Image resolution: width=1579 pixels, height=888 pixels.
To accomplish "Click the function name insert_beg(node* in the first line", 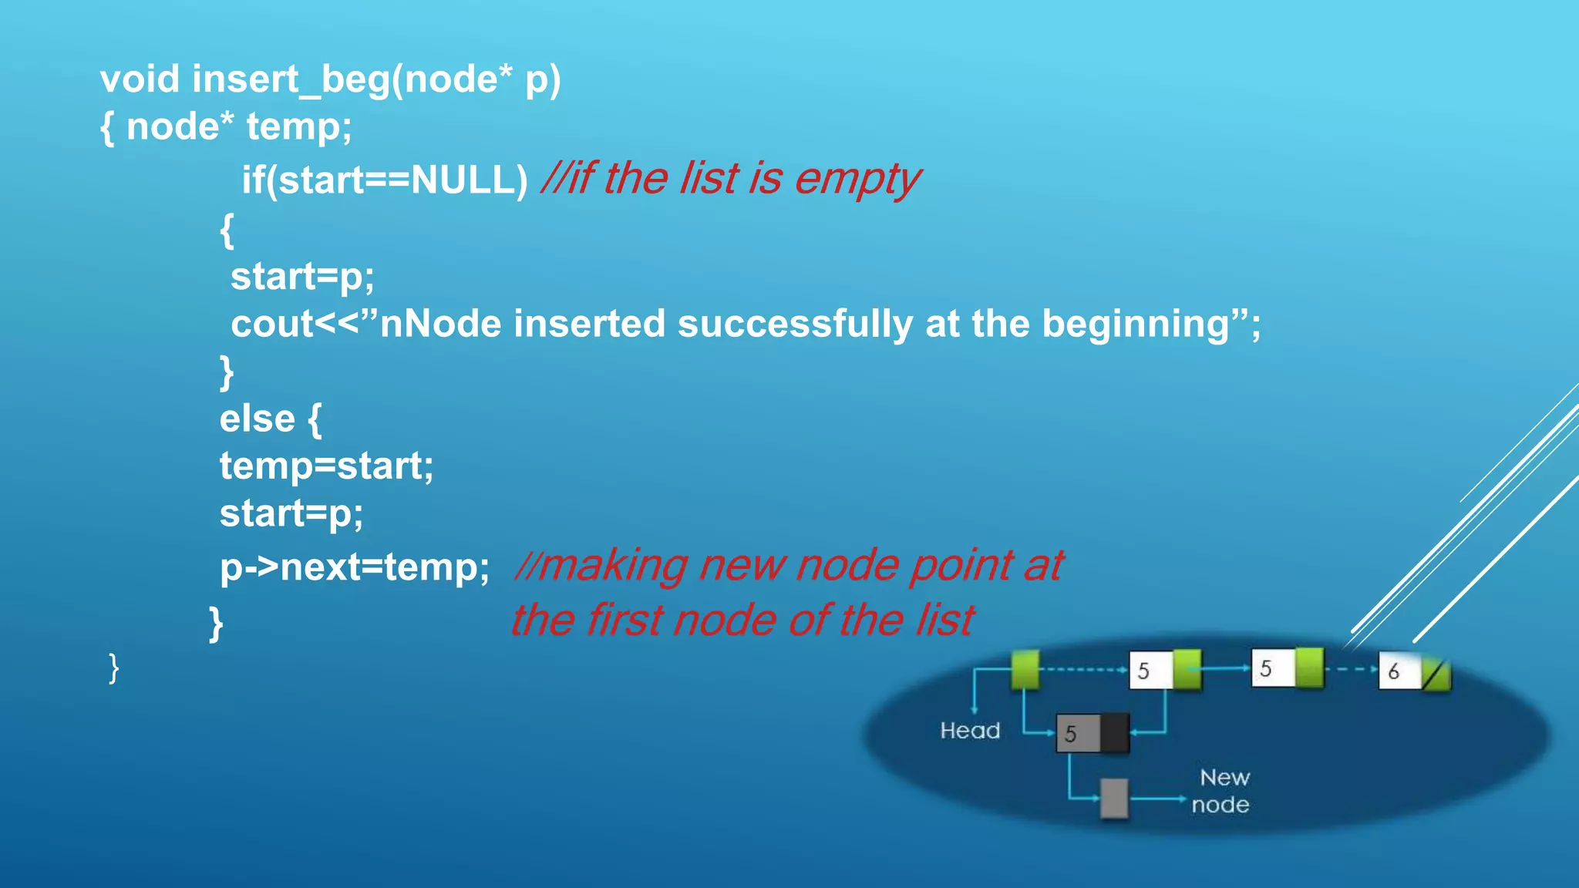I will point(352,80).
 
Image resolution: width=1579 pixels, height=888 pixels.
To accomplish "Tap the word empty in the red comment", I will point(857,180).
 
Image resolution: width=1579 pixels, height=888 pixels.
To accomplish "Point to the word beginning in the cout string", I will point(1135,324).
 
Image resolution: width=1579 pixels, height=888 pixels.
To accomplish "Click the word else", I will point(257,419).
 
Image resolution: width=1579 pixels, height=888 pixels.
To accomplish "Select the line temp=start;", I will point(326,466).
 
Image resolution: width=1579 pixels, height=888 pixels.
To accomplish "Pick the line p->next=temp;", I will point(354,568).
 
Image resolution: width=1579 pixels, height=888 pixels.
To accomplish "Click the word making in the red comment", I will point(612,566).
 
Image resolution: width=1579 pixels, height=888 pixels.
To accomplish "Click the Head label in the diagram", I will point(969,730).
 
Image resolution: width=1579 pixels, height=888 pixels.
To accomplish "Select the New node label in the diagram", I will point(1222,791).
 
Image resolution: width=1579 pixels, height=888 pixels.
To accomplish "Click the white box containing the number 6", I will point(1397,671).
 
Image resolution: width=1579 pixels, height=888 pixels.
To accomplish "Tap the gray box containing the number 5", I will point(1077,733).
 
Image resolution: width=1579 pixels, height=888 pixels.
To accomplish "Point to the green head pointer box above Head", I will point(1025,668).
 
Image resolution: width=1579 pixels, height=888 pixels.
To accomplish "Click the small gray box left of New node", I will point(1113,798).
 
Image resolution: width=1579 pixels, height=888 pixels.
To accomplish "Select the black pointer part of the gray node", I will point(1115,732).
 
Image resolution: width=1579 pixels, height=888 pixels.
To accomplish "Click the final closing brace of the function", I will point(113,668).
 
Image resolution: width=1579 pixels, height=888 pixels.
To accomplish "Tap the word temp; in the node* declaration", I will point(298,127).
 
